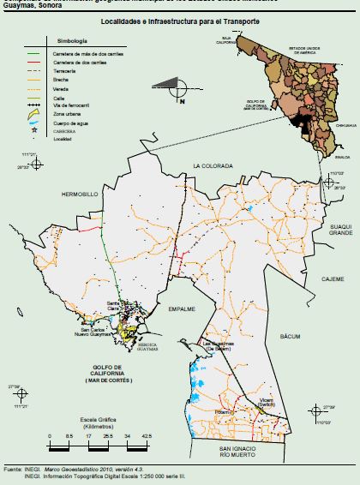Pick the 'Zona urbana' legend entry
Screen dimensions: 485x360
click(x=75, y=113)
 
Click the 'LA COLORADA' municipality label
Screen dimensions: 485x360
click(x=212, y=165)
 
